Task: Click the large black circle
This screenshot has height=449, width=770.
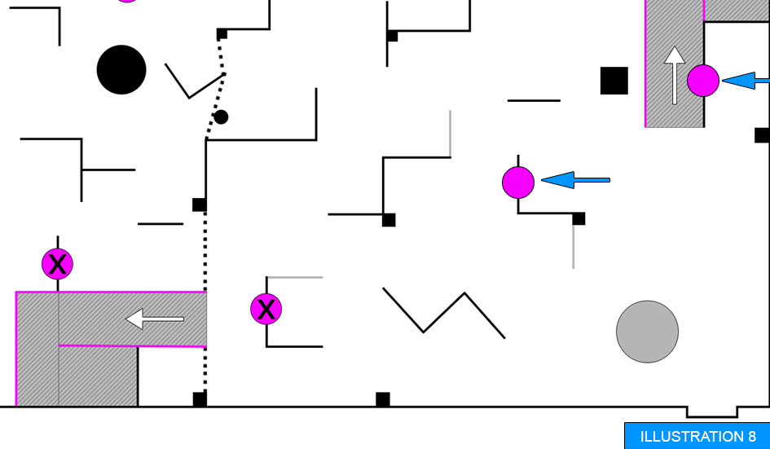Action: pyautogui.click(x=121, y=70)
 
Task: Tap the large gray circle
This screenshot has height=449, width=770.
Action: pyautogui.click(x=647, y=332)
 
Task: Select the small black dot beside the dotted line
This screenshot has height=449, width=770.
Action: pyautogui.click(x=221, y=117)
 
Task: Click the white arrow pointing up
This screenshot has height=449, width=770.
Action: pyautogui.click(x=675, y=75)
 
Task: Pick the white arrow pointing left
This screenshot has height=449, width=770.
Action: pyautogui.click(x=155, y=319)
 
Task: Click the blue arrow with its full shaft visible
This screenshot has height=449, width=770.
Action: pyautogui.click(x=575, y=180)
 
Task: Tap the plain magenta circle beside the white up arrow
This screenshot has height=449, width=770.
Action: pyautogui.click(x=703, y=81)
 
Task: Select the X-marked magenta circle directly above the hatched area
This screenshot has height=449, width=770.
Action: pyautogui.click(x=58, y=264)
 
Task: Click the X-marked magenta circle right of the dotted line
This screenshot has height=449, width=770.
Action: pyautogui.click(x=266, y=309)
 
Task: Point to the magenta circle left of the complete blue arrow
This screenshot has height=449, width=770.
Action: pyautogui.click(x=518, y=183)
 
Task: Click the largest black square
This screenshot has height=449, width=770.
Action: pyautogui.click(x=614, y=81)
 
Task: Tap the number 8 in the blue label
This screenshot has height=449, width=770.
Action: pyautogui.click(x=752, y=437)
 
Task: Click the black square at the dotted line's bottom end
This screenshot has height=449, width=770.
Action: pyautogui.click(x=200, y=399)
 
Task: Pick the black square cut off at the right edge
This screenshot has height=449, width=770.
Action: pyautogui.click(x=762, y=135)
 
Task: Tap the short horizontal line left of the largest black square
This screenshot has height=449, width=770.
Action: pyautogui.click(x=534, y=101)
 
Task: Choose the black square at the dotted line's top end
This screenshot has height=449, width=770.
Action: pyautogui.click(x=222, y=34)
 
